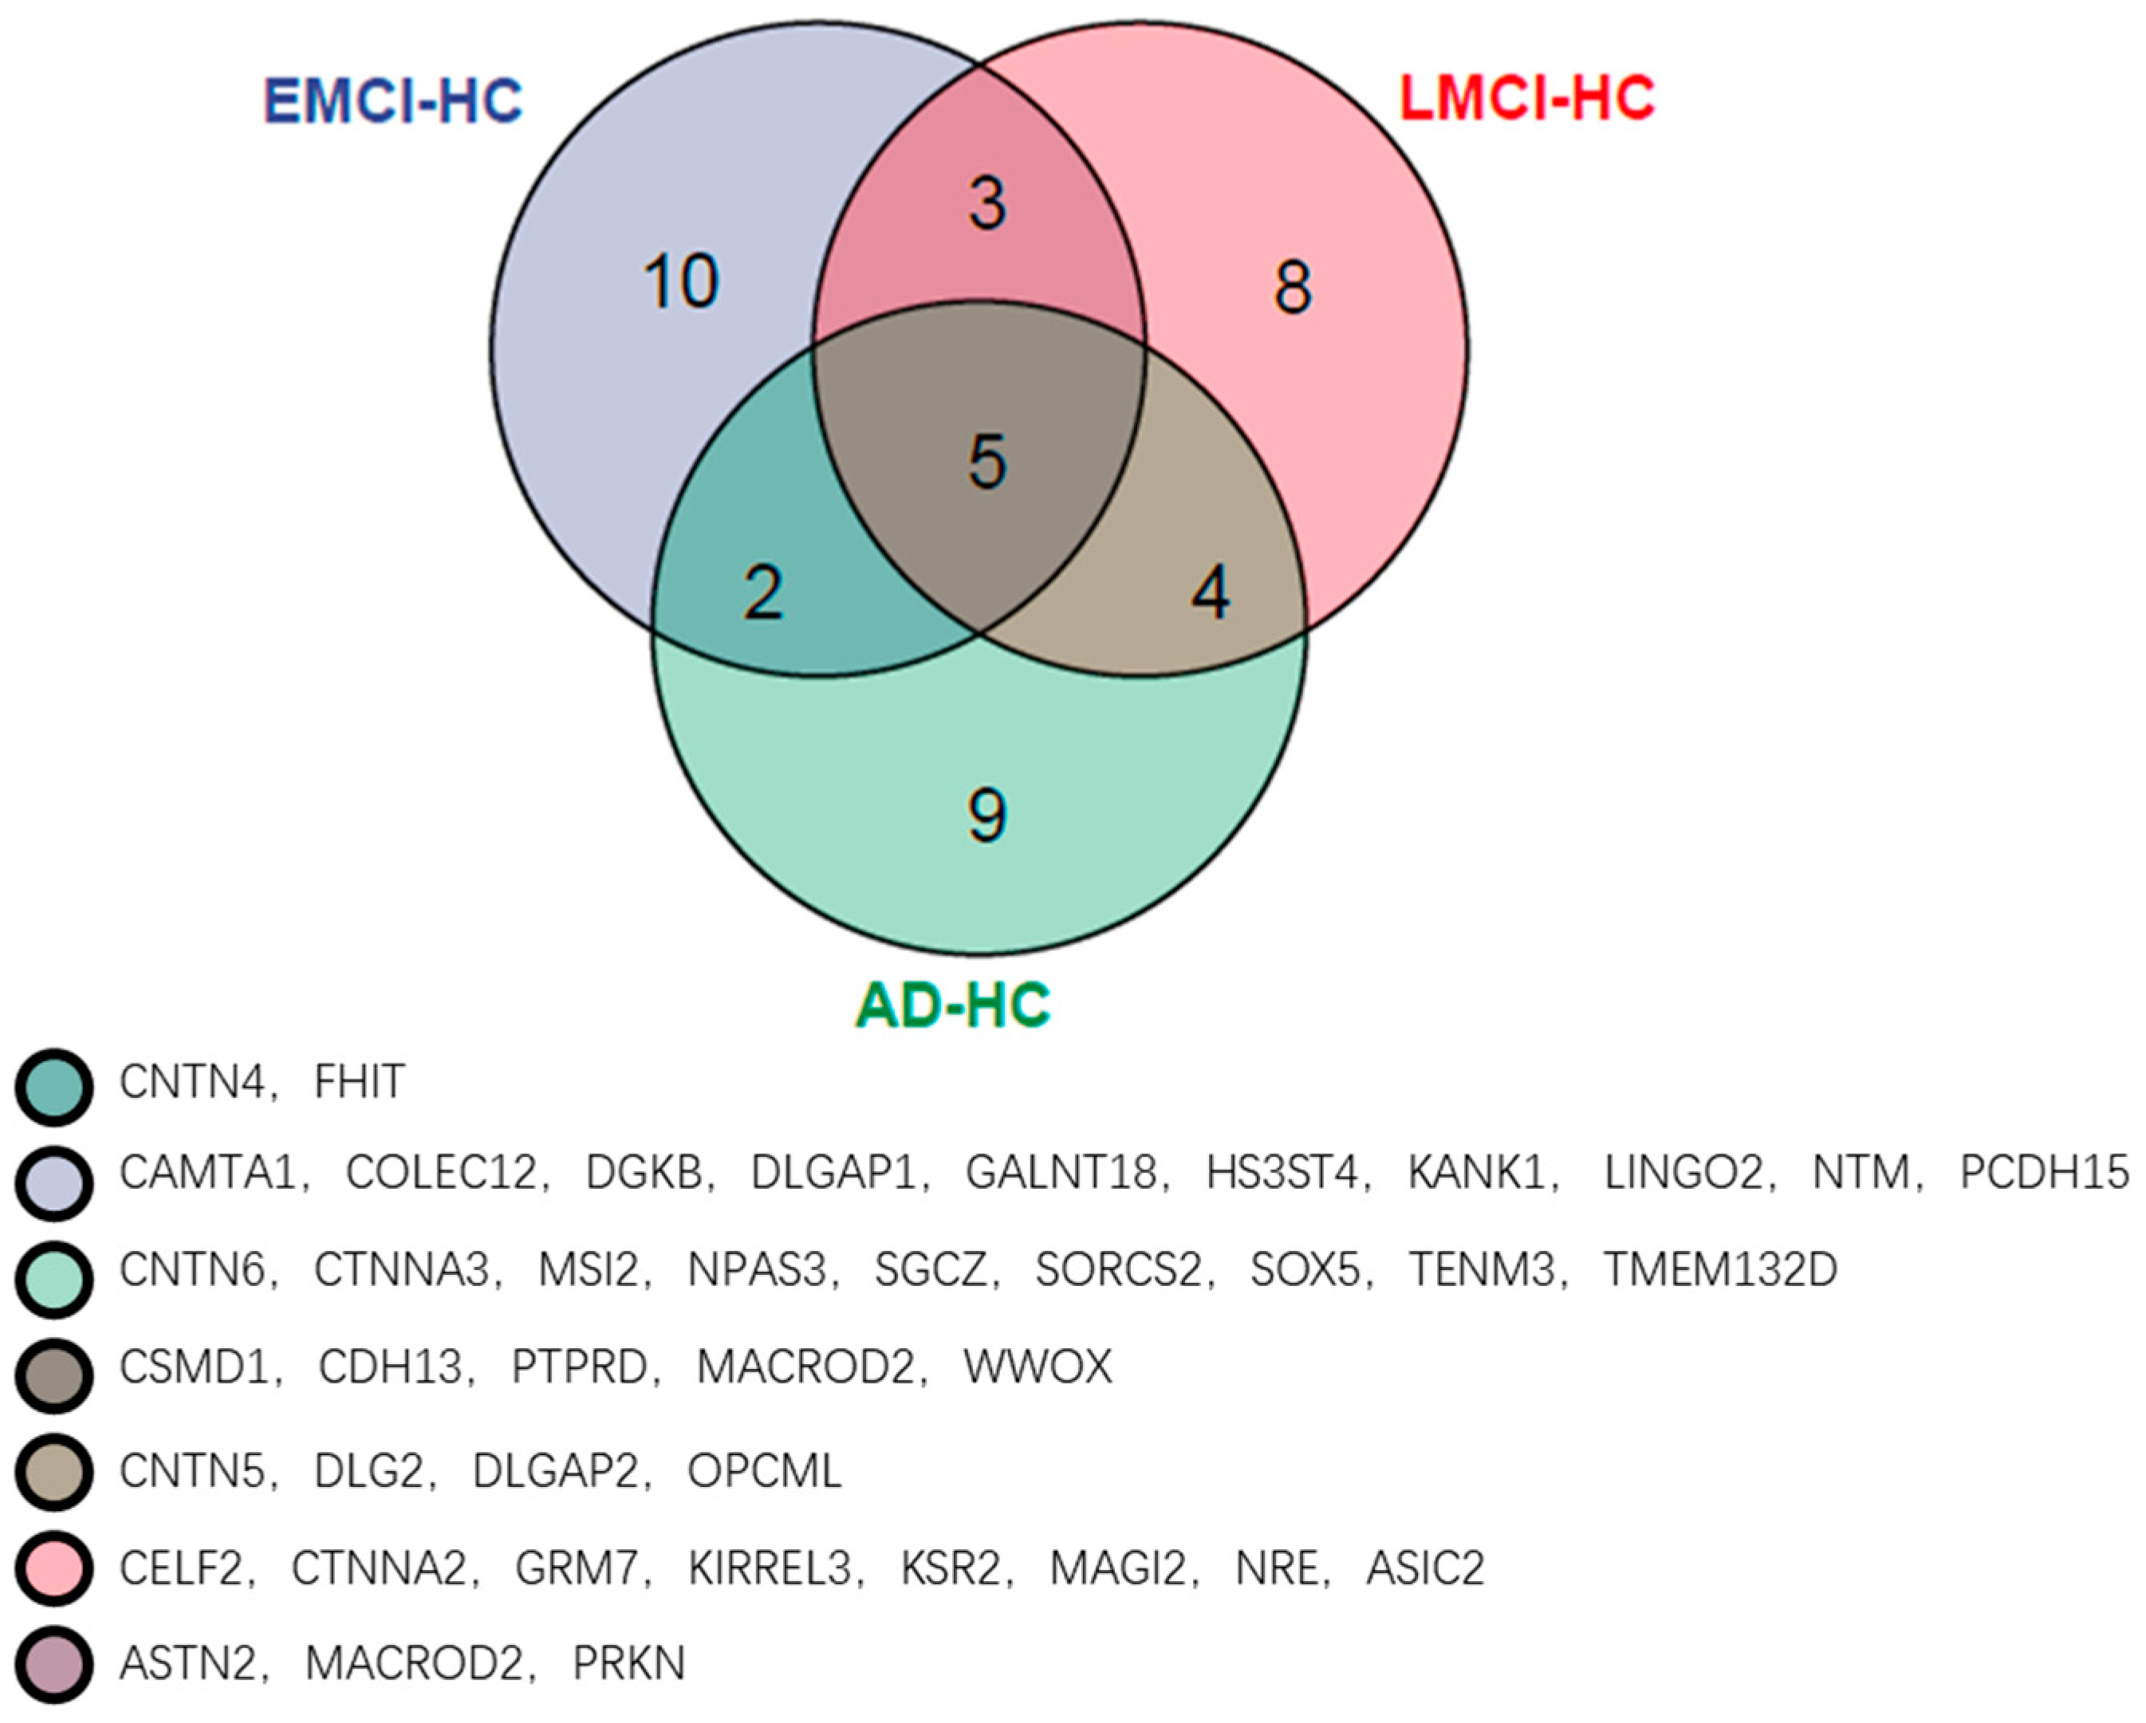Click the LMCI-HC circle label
[1527, 97]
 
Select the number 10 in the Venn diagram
[681, 281]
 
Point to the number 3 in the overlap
[986, 203]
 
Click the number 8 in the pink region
[1292, 288]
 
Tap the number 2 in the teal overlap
[763, 593]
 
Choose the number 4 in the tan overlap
[1211, 593]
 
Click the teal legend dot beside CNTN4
[55, 1087]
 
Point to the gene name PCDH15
[2043, 1173]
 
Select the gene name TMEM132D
[1720, 1269]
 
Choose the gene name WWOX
[1038, 1367]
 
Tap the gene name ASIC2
[1424, 1568]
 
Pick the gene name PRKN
[629, 1663]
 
